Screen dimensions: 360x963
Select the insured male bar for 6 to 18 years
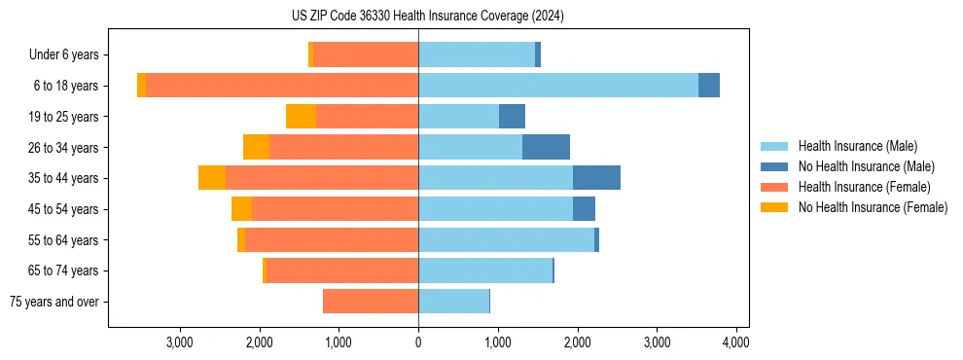(558, 86)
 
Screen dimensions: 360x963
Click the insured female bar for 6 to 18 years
(282, 86)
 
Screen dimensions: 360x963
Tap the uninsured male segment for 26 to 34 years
(546, 147)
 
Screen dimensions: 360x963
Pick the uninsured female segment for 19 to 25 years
(301, 117)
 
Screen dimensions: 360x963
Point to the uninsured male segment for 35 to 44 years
(596, 178)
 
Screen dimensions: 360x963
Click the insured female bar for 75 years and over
(371, 302)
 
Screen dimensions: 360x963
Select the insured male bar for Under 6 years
(477, 54)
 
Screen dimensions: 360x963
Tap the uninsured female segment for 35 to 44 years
(212, 178)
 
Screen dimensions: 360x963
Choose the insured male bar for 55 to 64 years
(506, 239)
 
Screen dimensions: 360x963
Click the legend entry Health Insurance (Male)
(857, 146)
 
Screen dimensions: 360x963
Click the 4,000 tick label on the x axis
(735, 342)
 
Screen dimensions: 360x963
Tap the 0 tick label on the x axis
(418, 342)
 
